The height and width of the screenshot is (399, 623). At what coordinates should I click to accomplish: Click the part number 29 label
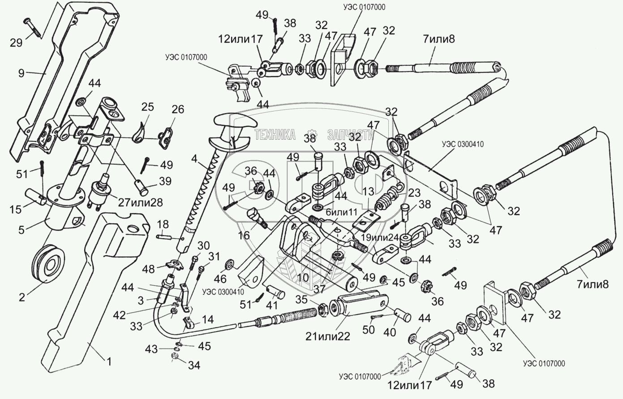pos(16,43)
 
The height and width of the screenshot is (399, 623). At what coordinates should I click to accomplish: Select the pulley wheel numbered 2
pos(49,263)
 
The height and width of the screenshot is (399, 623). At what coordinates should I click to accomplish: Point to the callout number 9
pos(21,73)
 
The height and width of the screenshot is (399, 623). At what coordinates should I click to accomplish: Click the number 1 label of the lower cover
pos(109,361)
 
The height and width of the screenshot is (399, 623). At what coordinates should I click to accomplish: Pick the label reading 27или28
pos(141,202)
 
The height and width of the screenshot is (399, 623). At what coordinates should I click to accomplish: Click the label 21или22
pos(328,337)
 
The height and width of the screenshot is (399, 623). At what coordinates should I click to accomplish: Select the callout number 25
pos(147,107)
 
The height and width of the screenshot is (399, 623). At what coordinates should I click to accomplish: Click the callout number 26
pos(178,109)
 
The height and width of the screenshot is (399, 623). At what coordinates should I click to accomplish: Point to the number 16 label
pos(244,235)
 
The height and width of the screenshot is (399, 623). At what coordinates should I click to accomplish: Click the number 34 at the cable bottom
pos(194,365)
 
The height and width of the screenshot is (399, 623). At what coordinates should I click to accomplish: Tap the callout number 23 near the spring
pos(414,193)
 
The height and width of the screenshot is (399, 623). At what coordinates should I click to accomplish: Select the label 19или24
pos(380,237)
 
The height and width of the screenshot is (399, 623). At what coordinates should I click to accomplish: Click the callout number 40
pos(389,332)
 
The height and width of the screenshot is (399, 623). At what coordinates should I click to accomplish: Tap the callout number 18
pos(163,224)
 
